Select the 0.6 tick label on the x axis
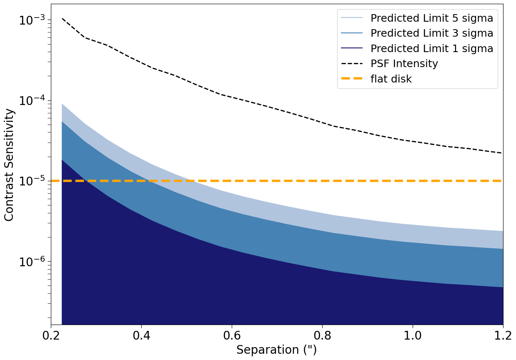[x=232, y=335]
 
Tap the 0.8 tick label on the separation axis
[x=322, y=335]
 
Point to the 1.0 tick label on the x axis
[x=413, y=335]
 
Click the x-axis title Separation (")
[x=277, y=350]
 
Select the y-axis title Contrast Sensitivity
[x=9, y=165]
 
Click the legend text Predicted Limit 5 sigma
[x=432, y=18]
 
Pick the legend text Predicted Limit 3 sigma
[x=432, y=33]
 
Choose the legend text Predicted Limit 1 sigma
[x=432, y=49]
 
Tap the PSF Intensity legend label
[x=404, y=64]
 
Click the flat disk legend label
[x=391, y=79]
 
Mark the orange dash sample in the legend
[x=352, y=79]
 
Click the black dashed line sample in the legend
[x=352, y=64]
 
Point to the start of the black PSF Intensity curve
[x=62, y=18]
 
